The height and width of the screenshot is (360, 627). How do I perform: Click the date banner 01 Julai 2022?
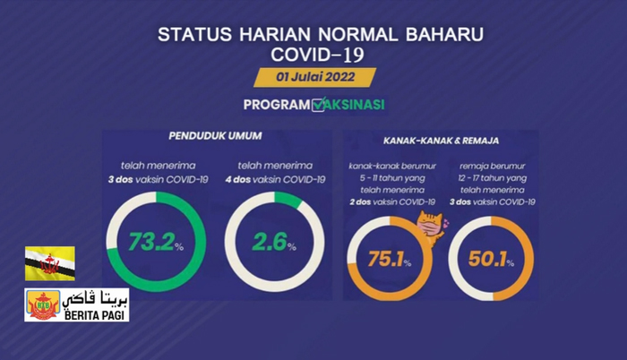click(314, 77)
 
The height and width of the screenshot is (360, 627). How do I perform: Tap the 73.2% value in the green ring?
click(156, 242)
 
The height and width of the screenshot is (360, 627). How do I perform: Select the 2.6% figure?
click(274, 242)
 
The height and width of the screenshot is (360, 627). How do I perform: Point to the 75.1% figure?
click(389, 259)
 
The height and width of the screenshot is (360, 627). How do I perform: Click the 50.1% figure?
click(491, 259)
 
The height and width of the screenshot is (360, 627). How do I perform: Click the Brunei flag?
click(50, 263)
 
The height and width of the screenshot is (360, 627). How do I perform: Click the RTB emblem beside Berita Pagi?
click(43, 304)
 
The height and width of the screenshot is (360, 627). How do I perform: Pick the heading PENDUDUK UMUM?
click(215, 136)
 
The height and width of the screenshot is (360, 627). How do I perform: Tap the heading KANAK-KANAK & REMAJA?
click(441, 141)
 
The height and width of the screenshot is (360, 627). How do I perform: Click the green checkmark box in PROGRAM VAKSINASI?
click(319, 105)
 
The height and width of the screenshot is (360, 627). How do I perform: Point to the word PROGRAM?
click(277, 105)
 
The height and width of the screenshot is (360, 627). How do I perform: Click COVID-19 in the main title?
click(317, 55)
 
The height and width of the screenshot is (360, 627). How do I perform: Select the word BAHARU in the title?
click(444, 34)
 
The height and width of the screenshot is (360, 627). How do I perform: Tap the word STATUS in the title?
click(194, 34)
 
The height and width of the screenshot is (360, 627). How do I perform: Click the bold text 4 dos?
click(237, 180)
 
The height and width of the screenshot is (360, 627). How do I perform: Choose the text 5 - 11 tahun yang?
click(392, 178)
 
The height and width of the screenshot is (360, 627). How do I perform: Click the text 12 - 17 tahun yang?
click(493, 178)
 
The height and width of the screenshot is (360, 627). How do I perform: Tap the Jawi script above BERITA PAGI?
click(96, 299)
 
